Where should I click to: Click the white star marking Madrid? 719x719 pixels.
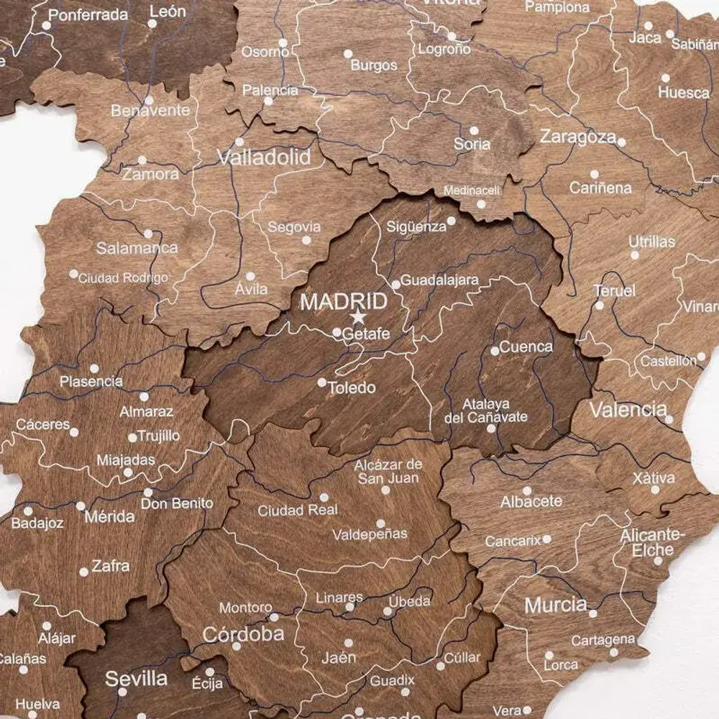point(357,317)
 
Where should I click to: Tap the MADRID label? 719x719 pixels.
point(344,301)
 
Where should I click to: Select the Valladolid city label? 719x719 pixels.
point(265,157)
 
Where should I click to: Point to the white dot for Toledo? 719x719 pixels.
point(322,383)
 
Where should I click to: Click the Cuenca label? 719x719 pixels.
point(526,347)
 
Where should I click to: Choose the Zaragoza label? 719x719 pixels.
point(578,137)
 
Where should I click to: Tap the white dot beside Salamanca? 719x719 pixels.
point(148,234)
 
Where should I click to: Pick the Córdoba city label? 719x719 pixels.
point(243,634)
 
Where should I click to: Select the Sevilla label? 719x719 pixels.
point(137,678)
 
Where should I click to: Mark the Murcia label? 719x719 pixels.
point(556,605)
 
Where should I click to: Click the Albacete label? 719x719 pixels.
point(531,501)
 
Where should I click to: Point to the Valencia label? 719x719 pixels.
point(628,410)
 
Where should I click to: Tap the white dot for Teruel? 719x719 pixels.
point(600,306)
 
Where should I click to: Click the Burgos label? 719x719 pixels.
point(374,65)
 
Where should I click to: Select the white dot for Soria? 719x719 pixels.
point(474,131)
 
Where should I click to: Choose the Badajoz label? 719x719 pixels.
point(37,523)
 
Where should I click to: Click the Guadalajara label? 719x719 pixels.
point(439,280)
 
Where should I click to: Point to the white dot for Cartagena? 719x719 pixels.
point(613,653)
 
